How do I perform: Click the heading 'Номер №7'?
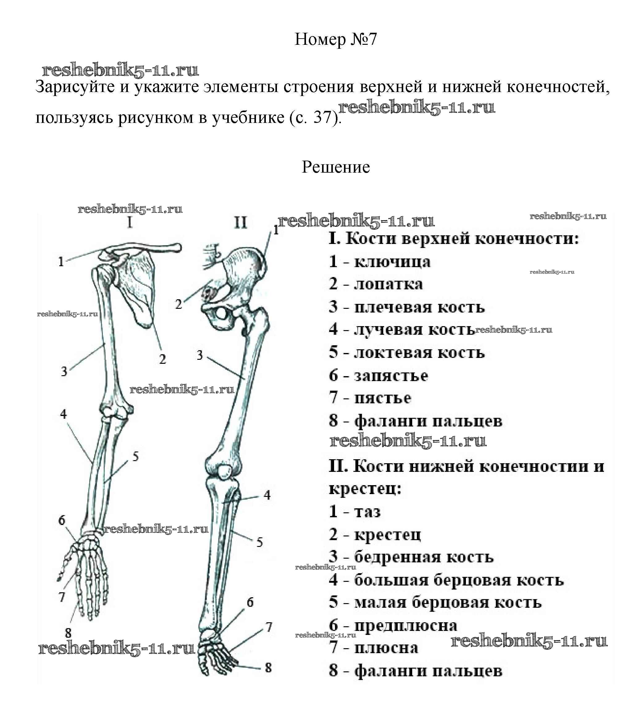[335, 39]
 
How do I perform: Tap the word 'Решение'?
[335, 167]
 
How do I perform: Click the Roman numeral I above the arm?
[130, 222]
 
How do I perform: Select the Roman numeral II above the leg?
[241, 222]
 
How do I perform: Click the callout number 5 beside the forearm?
[136, 457]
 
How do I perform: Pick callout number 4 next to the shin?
[267, 495]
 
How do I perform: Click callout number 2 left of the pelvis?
[179, 304]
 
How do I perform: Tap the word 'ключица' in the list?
[392, 262]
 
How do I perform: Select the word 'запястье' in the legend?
[391, 376]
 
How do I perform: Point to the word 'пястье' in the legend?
[383, 398]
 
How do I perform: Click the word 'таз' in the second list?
[367, 511]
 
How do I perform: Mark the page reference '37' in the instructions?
[322, 117]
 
